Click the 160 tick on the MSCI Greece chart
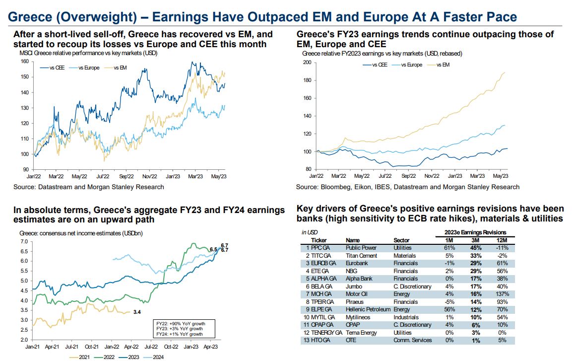[x=24, y=62]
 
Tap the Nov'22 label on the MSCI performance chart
[x=150, y=176]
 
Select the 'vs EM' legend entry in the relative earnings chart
[x=443, y=65]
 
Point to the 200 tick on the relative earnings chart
[x=306, y=63]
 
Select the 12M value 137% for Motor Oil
[x=501, y=294]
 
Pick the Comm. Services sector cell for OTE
[x=412, y=340]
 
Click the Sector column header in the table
[x=401, y=240]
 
